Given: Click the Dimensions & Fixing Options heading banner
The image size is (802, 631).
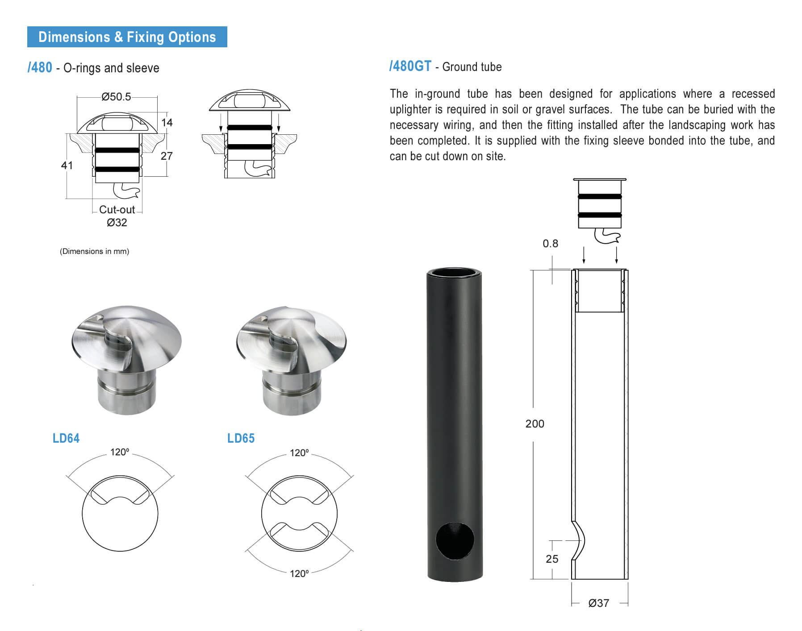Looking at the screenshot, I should tap(127, 37).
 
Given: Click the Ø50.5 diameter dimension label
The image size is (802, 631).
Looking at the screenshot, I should tap(116, 97).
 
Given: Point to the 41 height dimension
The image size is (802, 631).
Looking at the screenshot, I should tap(67, 166).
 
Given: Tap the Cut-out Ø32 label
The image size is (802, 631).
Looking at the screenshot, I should tap(117, 216).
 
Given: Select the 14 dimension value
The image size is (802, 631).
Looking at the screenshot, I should tap(167, 122).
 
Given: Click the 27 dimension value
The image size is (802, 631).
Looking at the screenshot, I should tap(166, 156).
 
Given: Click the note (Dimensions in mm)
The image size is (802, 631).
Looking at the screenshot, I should tap(94, 251).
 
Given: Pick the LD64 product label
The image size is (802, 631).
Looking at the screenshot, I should tap(66, 438).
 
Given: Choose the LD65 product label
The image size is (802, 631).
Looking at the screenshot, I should tap(241, 438).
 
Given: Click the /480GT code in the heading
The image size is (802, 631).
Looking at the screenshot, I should tap(410, 66).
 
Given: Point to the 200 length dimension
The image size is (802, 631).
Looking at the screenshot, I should tap(535, 423).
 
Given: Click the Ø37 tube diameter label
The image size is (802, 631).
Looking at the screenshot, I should tap(598, 603).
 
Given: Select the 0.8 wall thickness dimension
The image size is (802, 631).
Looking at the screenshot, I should tap(550, 244).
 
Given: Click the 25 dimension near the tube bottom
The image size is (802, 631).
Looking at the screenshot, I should tap(552, 559).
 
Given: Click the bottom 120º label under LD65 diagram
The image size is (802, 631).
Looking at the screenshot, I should tap(299, 573).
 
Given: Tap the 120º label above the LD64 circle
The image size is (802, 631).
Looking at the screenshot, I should tap(120, 452).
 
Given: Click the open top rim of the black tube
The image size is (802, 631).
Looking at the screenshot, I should tap(454, 273).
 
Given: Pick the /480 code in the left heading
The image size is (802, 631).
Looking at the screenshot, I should tap(40, 67).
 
